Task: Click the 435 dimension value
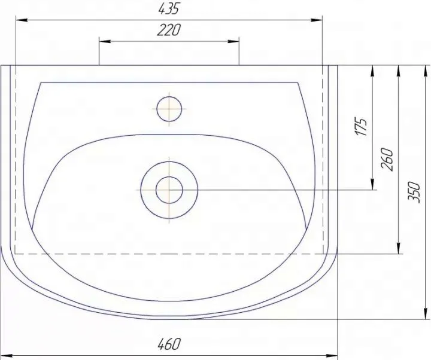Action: point(168,9)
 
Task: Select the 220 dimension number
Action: point(169,30)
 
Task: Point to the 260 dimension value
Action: point(387,159)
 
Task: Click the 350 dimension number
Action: point(414,192)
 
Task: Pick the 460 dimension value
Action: point(169,344)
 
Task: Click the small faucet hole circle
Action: point(169,109)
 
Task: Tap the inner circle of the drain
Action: point(169,190)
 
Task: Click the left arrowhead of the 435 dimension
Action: point(22,20)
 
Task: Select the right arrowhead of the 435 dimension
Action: point(316,20)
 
